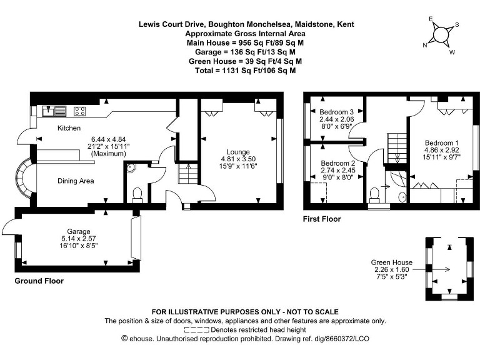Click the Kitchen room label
(69, 128)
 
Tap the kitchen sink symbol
(54, 111)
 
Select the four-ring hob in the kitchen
(79, 111)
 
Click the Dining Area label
(76, 181)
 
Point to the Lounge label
(238, 152)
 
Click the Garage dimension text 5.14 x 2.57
(79, 239)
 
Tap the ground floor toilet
(137, 196)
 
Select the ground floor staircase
(188, 174)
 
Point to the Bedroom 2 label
(338, 163)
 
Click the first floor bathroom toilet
(375, 195)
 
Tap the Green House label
(391, 262)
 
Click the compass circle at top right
(441, 34)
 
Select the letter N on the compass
(425, 45)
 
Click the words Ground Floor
(39, 281)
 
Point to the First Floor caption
(322, 219)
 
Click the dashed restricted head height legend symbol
(196, 330)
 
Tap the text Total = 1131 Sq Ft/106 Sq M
(246, 71)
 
